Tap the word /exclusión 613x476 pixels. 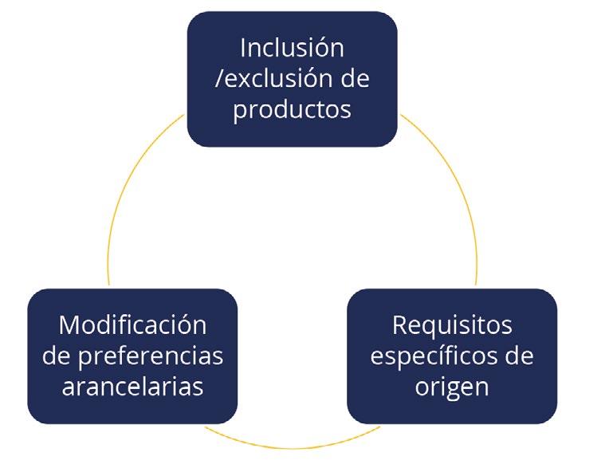pos(277,78)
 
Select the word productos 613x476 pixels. pos(292,109)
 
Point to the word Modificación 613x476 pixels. pos(132,325)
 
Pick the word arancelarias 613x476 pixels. pos(132,386)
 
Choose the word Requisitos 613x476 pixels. pos(451,325)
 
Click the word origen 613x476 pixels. pos(451,387)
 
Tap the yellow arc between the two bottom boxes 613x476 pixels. pos(292,446)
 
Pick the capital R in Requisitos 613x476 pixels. pos(399,325)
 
